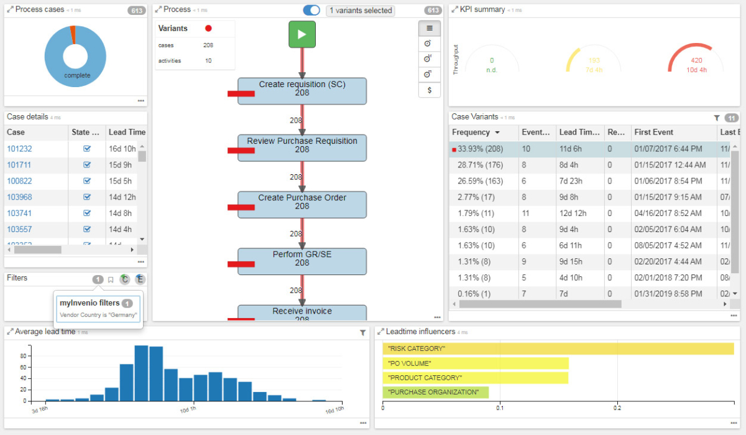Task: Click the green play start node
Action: (302, 34)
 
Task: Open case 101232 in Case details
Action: (19, 149)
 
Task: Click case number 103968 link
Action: (19, 197)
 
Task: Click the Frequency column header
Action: (471, 133)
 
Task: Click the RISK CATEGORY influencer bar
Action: (558, 348)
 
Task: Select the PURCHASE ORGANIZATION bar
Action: (435, 392)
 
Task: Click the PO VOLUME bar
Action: (475, 363)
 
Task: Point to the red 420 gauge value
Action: (696, 61)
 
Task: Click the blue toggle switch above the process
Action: (311, 11)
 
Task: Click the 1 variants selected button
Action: (361, 11)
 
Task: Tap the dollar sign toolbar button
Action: (430, 90)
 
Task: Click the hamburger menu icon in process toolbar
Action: (430, 28)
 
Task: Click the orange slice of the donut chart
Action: (73, 34)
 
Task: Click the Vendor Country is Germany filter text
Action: (98, 315)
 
